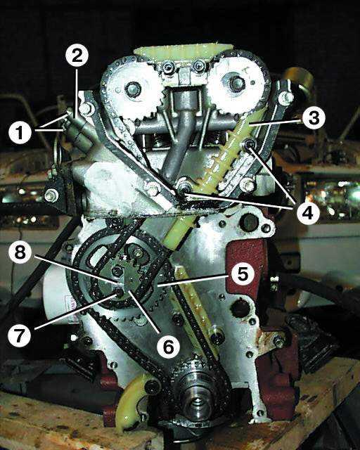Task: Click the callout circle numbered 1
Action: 20,133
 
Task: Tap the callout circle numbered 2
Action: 77,56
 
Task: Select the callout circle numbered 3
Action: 314,118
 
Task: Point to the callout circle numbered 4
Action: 308,213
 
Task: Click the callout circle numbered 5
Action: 243,274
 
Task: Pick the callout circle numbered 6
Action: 169,347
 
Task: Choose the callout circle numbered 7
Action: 19,335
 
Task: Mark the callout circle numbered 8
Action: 20,253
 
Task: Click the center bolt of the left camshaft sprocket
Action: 133,90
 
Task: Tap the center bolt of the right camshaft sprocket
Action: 237,83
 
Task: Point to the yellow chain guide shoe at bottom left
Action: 132,401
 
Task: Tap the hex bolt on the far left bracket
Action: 51,195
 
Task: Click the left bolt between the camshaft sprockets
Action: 167,68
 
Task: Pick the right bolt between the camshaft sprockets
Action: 199,67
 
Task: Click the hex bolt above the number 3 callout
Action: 285,97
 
